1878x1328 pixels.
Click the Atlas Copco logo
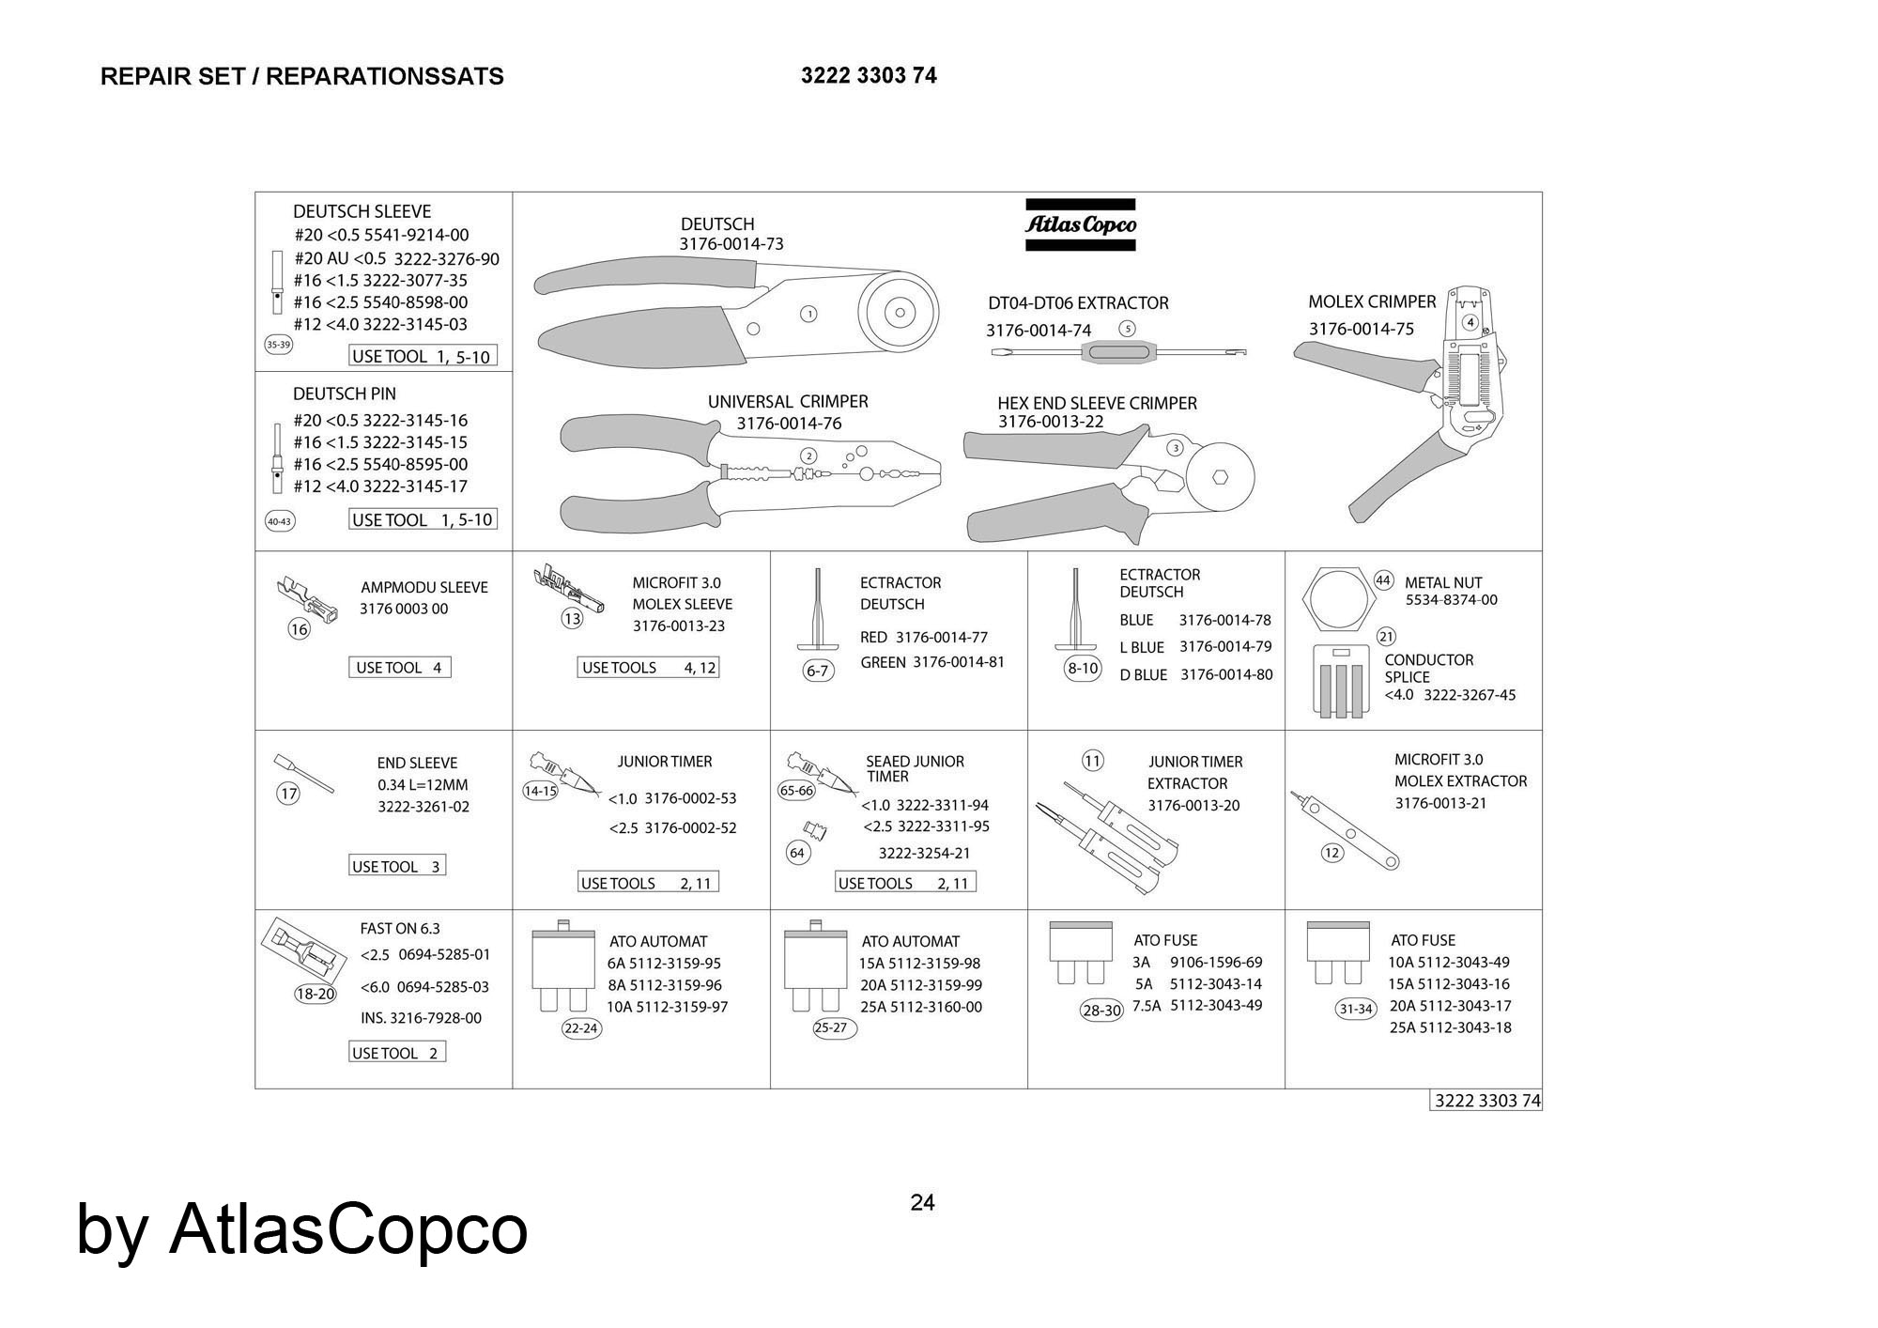[x=1080, y=224]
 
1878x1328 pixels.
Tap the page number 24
[x=922, y=1202]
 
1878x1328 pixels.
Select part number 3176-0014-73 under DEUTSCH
[x=731, y=244]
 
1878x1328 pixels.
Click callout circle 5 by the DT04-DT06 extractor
[x=1128, y=329]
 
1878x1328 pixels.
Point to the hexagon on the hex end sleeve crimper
[x=1219, y=476]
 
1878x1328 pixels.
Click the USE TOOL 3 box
[x=397, y=866]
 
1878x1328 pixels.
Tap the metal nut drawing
[x=1334, y=598]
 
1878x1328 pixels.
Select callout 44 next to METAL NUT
[x=1383, y=580]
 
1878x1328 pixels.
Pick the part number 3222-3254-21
[x=924, y=853]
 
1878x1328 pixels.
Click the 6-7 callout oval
[x=818, y=671]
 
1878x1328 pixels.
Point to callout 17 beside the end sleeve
[x=288, y=794]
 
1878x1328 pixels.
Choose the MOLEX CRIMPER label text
[x=1372, y=302]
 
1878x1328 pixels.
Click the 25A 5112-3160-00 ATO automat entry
[x=921, y=1007]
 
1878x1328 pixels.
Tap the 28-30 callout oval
[x=1101, y=1011]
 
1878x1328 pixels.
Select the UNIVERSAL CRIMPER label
[x=788, y=402]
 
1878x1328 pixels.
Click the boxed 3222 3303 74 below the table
[x=1487, y=1101]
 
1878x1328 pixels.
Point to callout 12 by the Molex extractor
[x=1332, y=853]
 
